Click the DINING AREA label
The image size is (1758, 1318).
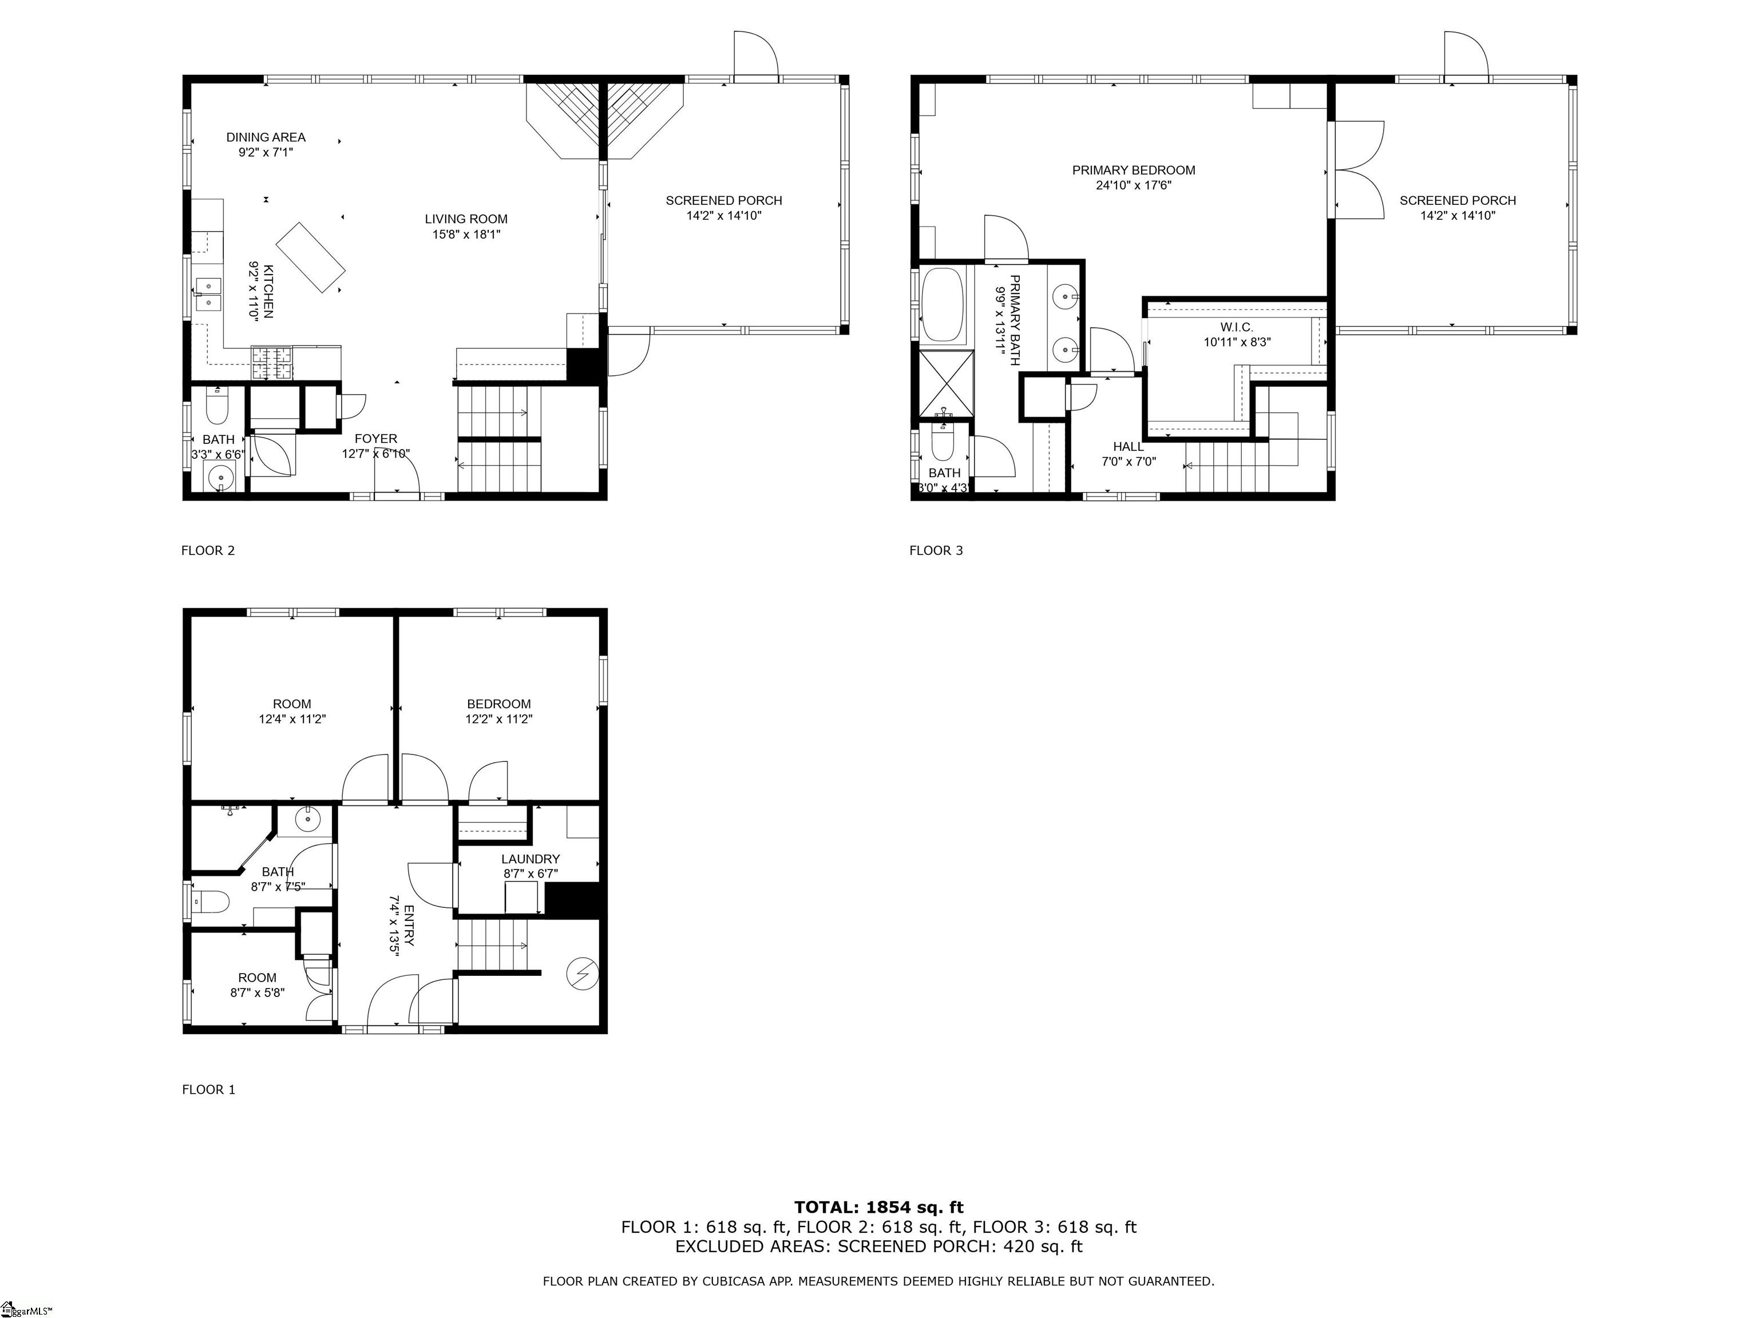coord(266,137)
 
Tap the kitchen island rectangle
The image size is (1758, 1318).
coord(310,257)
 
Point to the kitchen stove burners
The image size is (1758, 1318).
coord(272,363)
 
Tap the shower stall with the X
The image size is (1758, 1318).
coord(946,384)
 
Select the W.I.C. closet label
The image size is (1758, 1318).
coord(1237,327)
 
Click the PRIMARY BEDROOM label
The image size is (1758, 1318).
coord(1133,170)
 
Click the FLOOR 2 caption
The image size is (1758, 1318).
coord(208,550)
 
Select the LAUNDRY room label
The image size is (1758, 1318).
coord(530,859)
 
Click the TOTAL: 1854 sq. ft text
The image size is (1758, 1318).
coord(878,1208)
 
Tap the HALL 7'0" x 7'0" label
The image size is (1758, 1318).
coord(1128,454)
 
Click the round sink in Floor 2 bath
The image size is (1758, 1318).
coord(219,478)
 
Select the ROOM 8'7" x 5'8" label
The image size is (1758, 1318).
coord(258,985)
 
